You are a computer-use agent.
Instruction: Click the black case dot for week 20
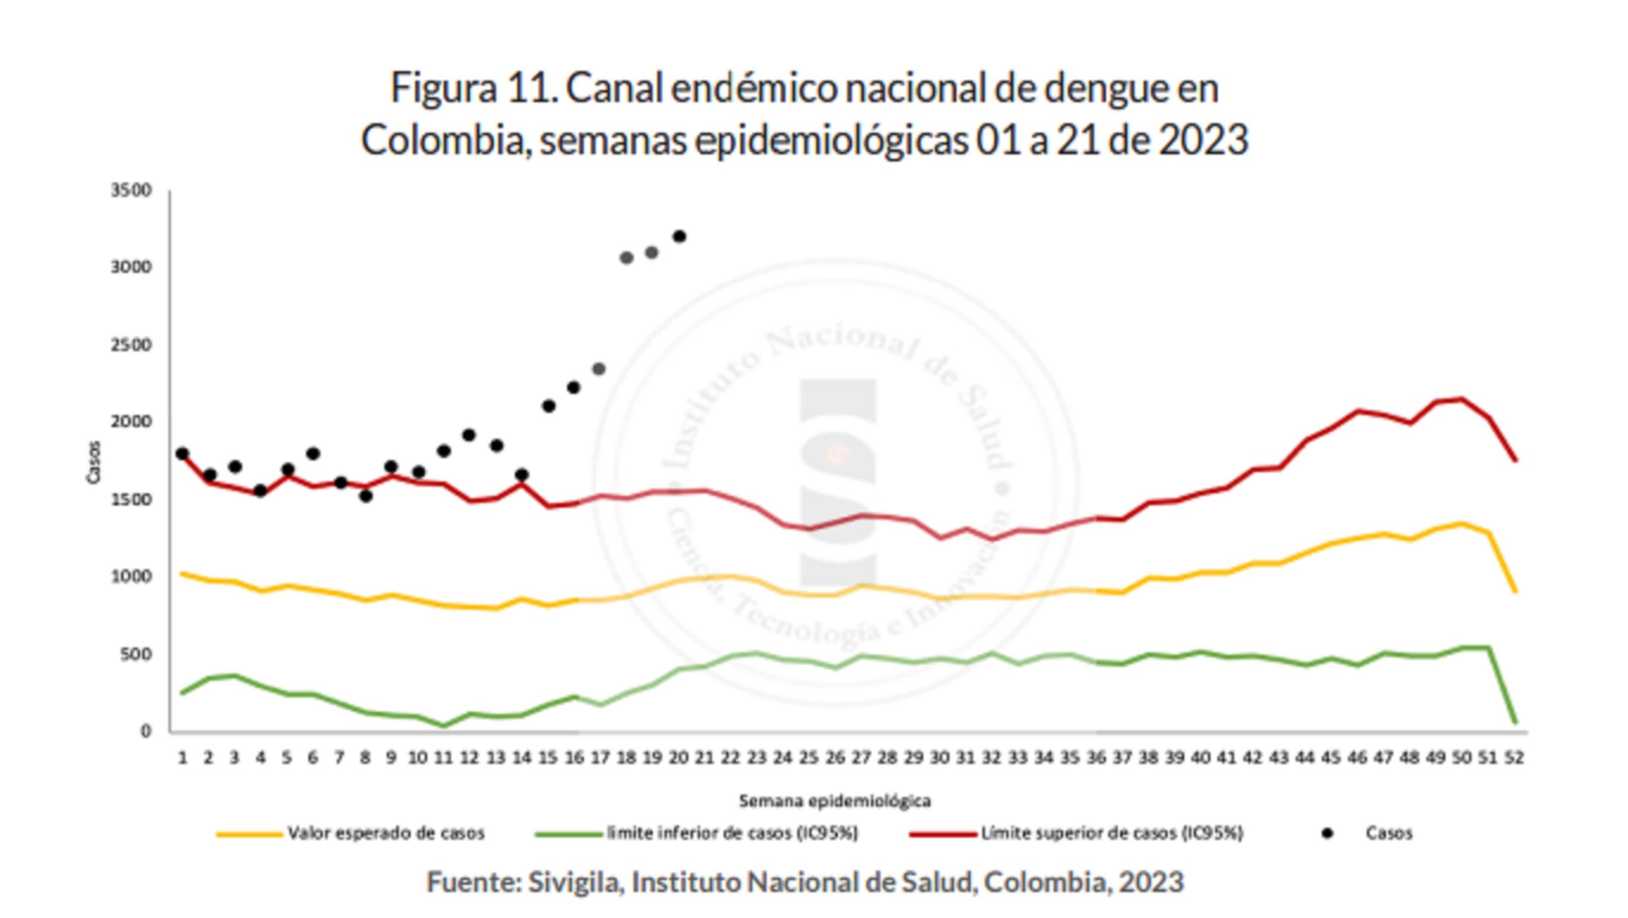(x=679, y=236)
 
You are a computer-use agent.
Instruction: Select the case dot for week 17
(x=599, y=369)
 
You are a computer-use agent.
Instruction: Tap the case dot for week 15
(x=549, y=406)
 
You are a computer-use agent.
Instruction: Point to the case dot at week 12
(x=468, y=435)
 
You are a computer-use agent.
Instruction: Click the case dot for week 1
(x=183, y=454)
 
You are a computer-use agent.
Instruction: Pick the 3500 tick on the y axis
(x=132, y=190)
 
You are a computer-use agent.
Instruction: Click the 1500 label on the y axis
(x=132, y=499)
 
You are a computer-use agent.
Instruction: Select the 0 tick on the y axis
(x=146, y=731)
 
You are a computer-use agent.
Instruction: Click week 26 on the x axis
(x=835, y=757)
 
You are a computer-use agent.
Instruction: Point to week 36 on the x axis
(x=1096, y=757)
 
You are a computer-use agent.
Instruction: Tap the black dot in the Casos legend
(x=1327, y=834)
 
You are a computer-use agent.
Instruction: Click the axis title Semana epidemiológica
(x=835, y=801)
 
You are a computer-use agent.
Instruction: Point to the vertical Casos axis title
(x=94, y=463)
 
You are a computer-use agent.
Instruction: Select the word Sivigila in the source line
(x=574, y=882)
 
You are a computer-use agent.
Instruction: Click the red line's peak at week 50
(x=1461, y=398)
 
